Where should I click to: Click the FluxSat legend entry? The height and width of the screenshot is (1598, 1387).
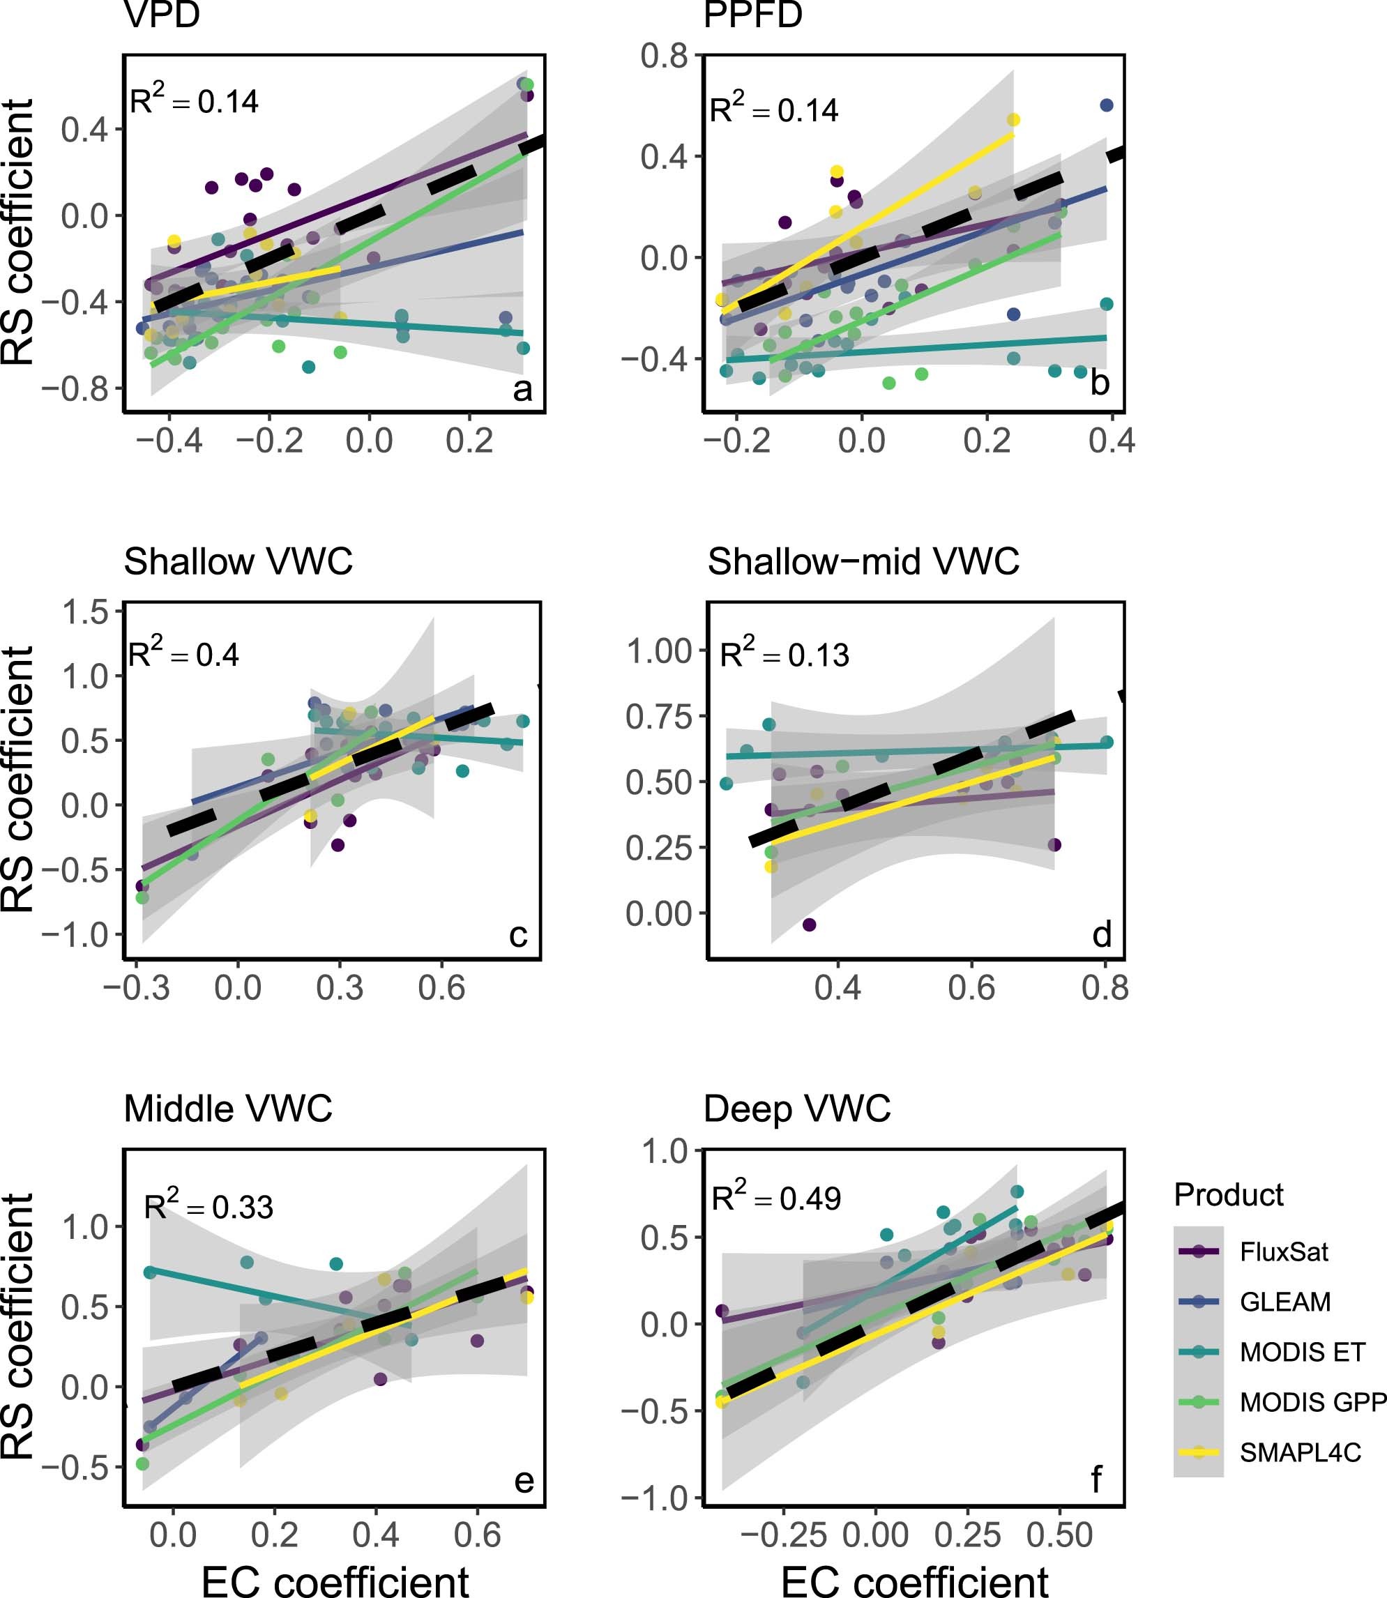1283,1251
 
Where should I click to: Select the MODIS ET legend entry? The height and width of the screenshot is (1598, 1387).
1302,1352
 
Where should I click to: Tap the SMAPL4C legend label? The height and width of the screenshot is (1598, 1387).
1300,1452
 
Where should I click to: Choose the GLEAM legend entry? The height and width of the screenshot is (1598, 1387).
1284,1302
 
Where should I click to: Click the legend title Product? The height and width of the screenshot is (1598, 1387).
1228,1195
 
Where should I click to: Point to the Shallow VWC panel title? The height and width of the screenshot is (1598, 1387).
238,562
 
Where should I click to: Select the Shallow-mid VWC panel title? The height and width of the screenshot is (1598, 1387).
863,562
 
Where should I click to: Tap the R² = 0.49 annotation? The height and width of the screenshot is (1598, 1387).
775,1197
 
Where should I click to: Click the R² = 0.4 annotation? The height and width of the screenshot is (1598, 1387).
183,654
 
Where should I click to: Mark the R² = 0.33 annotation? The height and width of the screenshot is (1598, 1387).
209,1206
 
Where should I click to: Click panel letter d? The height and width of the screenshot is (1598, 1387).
1101,934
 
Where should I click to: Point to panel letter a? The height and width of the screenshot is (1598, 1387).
522,389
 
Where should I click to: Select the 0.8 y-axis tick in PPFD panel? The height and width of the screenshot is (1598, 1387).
663,56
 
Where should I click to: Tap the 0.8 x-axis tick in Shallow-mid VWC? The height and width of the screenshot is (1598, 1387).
1105,988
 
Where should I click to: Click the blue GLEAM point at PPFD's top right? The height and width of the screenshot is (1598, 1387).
1106,105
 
